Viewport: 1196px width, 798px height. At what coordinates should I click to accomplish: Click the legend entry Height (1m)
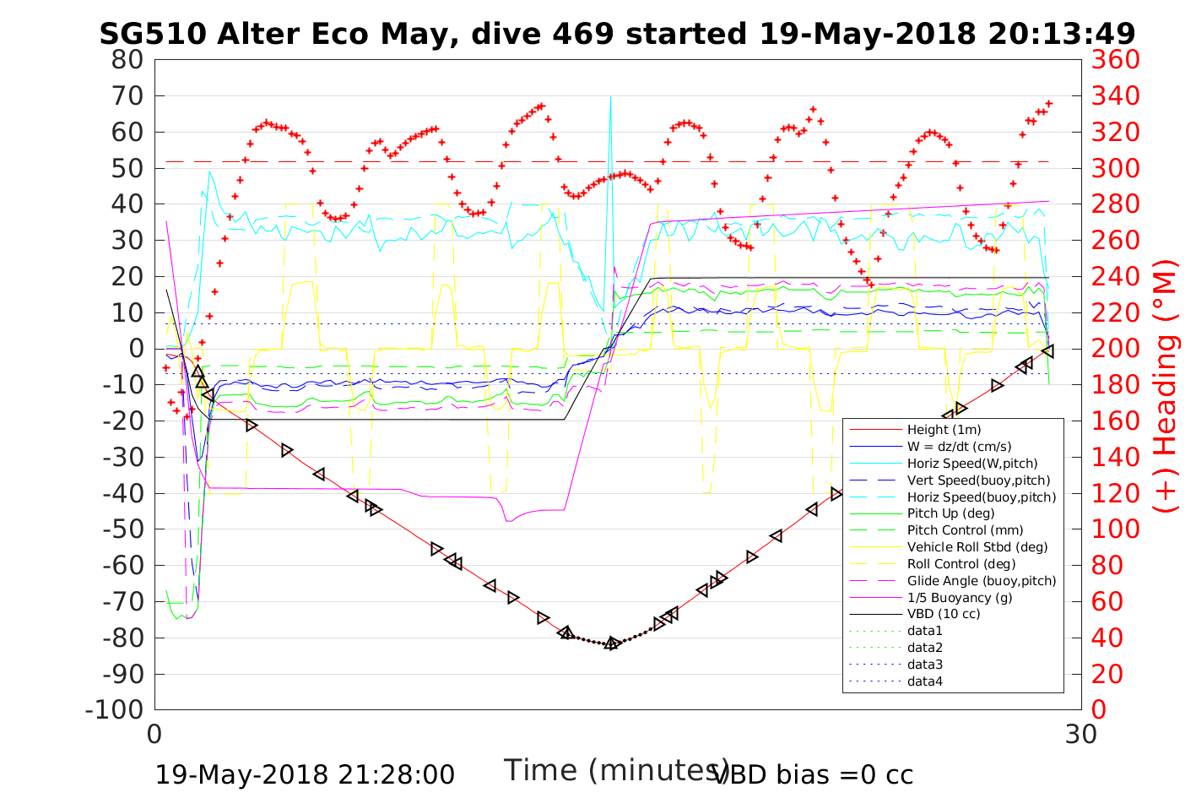tap(944, 430)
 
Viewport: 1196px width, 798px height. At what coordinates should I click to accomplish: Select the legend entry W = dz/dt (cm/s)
tap(959, 447)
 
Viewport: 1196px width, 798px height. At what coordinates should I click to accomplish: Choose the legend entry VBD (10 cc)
tap(944, 614)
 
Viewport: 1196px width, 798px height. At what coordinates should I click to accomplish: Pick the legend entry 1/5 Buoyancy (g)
tap(960, 597)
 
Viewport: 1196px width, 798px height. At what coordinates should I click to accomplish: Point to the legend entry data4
tap(924, 681)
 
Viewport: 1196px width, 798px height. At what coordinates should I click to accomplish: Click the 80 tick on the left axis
tap(127, 60)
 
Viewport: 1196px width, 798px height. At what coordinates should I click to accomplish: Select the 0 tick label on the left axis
tap(136, 349)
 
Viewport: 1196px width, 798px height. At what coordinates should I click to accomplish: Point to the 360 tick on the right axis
tap(1115, 60)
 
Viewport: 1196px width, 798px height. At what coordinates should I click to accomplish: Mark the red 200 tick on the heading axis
tap(1115, 349)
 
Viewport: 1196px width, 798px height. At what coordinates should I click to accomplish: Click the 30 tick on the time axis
tap(1081, 734)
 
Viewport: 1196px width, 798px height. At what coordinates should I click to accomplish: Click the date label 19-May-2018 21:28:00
tap(305, 774)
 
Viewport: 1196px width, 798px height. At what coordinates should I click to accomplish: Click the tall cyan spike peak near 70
tap(610, 97)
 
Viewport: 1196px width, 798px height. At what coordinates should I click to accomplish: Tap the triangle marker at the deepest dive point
tap(612, 643)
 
